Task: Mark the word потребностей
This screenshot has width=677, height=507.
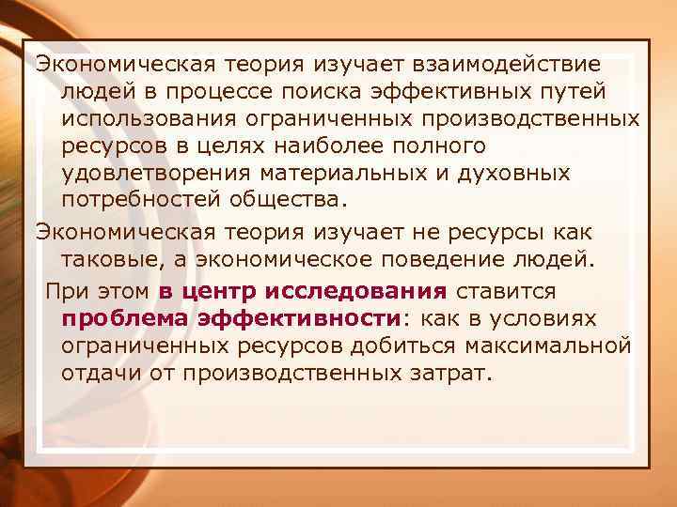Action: coord(146,201)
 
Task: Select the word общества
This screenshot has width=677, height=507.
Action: coord(294,201)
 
